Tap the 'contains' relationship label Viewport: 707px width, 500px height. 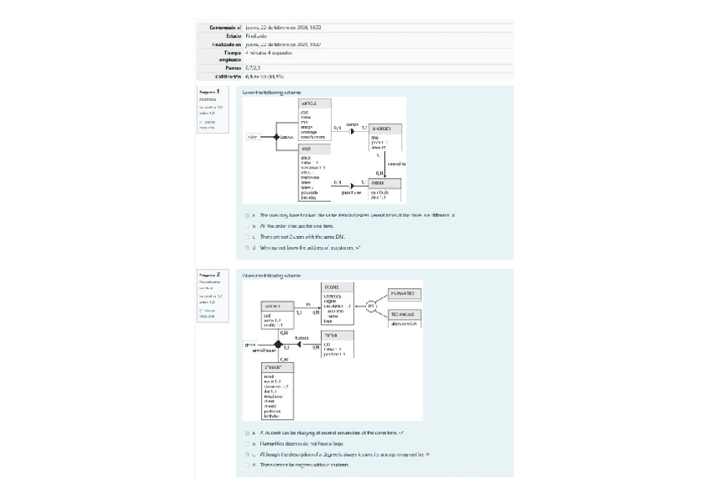tap(397, 164)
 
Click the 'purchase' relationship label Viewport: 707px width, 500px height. tap(351, 192)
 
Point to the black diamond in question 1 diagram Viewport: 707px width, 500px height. tap(276, 136)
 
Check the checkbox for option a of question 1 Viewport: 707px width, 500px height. tap(247, 215)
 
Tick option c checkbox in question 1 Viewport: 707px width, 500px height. tap(247, 236)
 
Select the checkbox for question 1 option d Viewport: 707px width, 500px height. tap(247, 247)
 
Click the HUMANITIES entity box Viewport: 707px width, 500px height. tap(405, 294)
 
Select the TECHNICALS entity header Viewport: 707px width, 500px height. tap(405, 315)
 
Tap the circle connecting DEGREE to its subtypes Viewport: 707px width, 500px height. tap(372, 306)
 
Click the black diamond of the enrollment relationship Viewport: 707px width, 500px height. tap(278, 344)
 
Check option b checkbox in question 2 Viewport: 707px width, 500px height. tap(247, 443)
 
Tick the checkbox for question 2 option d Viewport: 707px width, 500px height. tap(247, 465)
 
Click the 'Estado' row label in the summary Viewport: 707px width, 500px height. tap(233, 36)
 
